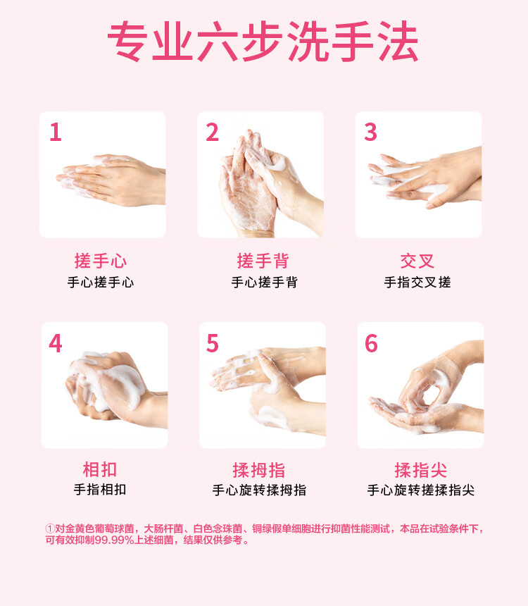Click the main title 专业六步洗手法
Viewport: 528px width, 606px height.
tap(263, 42)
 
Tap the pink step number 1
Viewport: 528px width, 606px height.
tap(56, 132)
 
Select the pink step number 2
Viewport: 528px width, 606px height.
tap(213, 132)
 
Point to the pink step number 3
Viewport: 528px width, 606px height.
tap(370, 132)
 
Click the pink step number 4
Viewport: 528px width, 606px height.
tap(56, 343)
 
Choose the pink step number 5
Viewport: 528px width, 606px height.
tap(213, 343)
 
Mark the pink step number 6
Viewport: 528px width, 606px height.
tap(371, 343)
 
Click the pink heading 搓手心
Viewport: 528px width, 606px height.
tap(101, 261)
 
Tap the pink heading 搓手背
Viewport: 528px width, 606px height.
tap(263, 261)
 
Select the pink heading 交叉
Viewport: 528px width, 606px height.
tap(417, 261)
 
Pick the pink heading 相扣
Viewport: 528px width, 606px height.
tap(100, 469)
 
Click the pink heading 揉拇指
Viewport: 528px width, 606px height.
tap(259, 470)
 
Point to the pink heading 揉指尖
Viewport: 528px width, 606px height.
tap(420, 470)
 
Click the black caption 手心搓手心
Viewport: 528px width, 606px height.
tap(101, 283)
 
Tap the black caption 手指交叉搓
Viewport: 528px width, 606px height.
tap(417, 283)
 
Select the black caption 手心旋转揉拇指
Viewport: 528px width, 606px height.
tap(259, 490)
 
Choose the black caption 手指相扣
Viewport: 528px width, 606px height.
tap(100, 490)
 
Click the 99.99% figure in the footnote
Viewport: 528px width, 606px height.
tap(114, 540)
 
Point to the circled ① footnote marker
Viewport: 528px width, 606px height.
tap(50, 528)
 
